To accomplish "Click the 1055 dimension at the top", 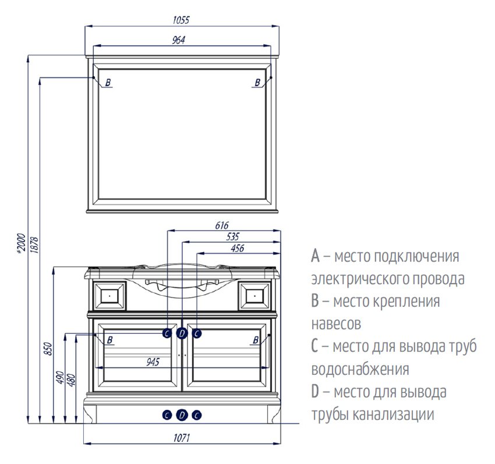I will [181, 19].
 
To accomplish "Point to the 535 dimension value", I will [232, 237].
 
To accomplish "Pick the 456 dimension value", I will [237, 249].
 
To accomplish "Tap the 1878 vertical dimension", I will [33, 243].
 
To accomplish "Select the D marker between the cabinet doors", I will [182, 333].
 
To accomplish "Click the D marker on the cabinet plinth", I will [182, 415].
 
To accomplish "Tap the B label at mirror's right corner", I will [257, 83].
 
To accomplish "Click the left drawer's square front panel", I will [109, 295].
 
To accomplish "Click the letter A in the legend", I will [315, 256].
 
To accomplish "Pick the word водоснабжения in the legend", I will [360, 369].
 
